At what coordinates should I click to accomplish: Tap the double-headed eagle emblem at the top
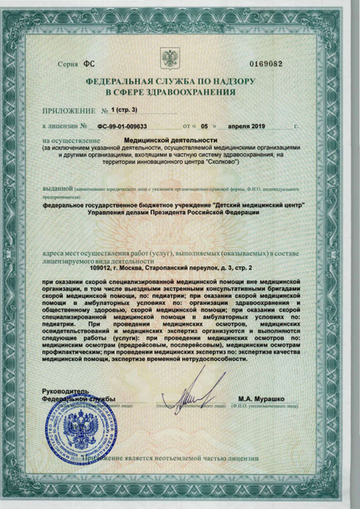pos(170,59)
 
